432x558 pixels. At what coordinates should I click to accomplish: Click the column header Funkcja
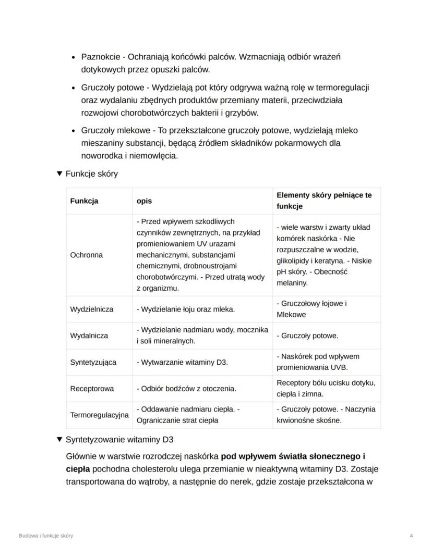point(84,201)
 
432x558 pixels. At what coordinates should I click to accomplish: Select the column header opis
point(145,201)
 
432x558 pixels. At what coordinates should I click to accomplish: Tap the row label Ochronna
point(86,255)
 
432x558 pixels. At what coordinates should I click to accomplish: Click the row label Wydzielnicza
point(91,309)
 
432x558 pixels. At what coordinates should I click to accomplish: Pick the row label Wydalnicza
point(89,336)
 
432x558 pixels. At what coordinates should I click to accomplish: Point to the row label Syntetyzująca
point(93,362)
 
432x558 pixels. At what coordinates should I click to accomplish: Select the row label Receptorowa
point(92,389)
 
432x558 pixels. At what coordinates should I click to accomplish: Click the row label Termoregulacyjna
point(99,415)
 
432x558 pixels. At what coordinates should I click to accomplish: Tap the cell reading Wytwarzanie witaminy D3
point(182,362)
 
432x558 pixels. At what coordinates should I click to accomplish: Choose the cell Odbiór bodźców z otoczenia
point(186,389)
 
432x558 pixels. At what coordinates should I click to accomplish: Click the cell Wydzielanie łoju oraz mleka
point(186,309)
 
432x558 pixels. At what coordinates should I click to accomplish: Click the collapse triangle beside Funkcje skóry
point(59,173)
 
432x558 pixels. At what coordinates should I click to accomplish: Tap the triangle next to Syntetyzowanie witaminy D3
point(59,439)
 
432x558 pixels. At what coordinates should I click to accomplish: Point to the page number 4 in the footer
point(411,536)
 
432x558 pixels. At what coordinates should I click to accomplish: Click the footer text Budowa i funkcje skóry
point(46,536)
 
